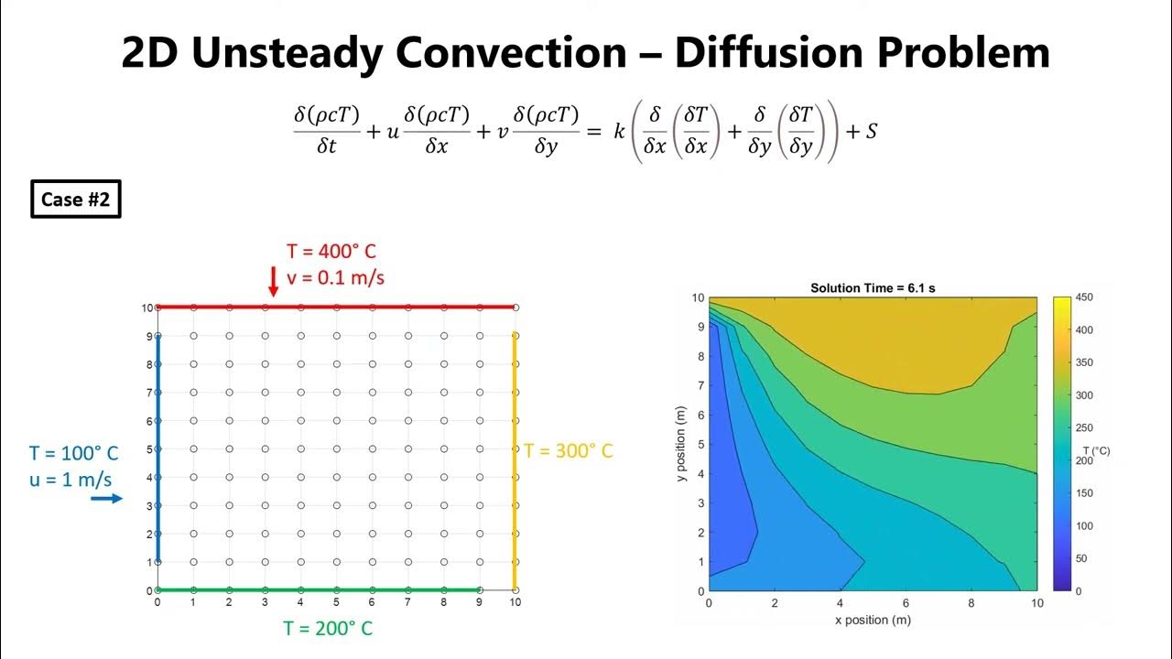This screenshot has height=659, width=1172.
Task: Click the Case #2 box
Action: (75, 200)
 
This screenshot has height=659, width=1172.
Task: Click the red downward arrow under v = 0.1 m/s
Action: (273, 280)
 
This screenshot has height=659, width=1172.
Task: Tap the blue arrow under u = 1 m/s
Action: (106, 498)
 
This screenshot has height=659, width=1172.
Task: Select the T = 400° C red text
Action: (331, 252)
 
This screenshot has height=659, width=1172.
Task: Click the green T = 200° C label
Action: (328, 628)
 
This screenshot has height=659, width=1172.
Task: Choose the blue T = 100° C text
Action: (73, 453)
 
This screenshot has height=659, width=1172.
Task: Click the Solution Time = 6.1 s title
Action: (873, 287)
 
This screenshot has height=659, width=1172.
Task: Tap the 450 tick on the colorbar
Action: (1085, 297)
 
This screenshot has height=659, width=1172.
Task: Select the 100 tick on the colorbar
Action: (1085, 526)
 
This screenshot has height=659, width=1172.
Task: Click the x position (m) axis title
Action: (873, 620)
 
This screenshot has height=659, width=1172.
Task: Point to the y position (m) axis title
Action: (680, 444)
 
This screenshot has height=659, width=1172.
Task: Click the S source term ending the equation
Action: (871, 132)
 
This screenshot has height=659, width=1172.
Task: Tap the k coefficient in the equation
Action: (619, 132)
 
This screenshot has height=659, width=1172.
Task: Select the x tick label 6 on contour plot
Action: (906, 603)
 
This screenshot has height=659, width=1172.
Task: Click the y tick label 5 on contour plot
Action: (700, 445)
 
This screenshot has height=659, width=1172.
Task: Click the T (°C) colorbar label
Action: (1095, 450)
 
